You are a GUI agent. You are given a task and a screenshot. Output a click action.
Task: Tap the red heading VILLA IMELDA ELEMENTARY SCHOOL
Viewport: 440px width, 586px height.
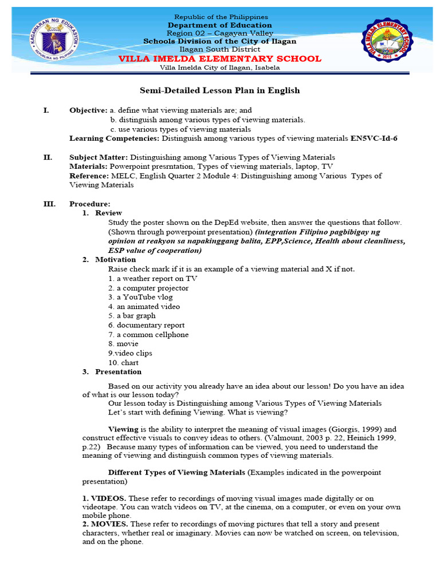tap(220, 59)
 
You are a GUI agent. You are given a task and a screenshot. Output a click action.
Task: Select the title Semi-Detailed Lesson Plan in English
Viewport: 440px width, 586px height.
tap(220, 90)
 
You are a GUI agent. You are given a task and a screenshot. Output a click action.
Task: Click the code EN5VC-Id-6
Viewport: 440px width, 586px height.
tap(374, 138)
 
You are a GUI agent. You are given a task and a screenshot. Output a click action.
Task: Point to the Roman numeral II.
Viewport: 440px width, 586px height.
tap(48, 157)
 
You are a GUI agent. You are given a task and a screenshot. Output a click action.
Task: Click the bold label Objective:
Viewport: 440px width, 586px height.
tap(88, 110)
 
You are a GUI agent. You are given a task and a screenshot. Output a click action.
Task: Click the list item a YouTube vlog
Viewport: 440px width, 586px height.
tap(140, 297)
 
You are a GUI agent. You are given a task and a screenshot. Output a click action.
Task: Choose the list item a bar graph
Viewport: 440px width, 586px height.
tap(132, 315)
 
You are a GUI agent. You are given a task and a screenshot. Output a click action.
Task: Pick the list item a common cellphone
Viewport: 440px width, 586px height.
tap(148, 334)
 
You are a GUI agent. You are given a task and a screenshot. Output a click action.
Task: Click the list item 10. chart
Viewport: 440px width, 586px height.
tap(123, 362)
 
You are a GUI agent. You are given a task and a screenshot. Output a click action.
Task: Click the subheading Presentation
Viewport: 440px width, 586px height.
tap(118, 371)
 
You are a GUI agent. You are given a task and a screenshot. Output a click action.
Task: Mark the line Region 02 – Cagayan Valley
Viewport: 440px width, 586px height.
tap(220, 33)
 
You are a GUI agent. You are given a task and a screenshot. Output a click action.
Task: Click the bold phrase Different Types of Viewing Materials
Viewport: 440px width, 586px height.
tap(177, 472)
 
